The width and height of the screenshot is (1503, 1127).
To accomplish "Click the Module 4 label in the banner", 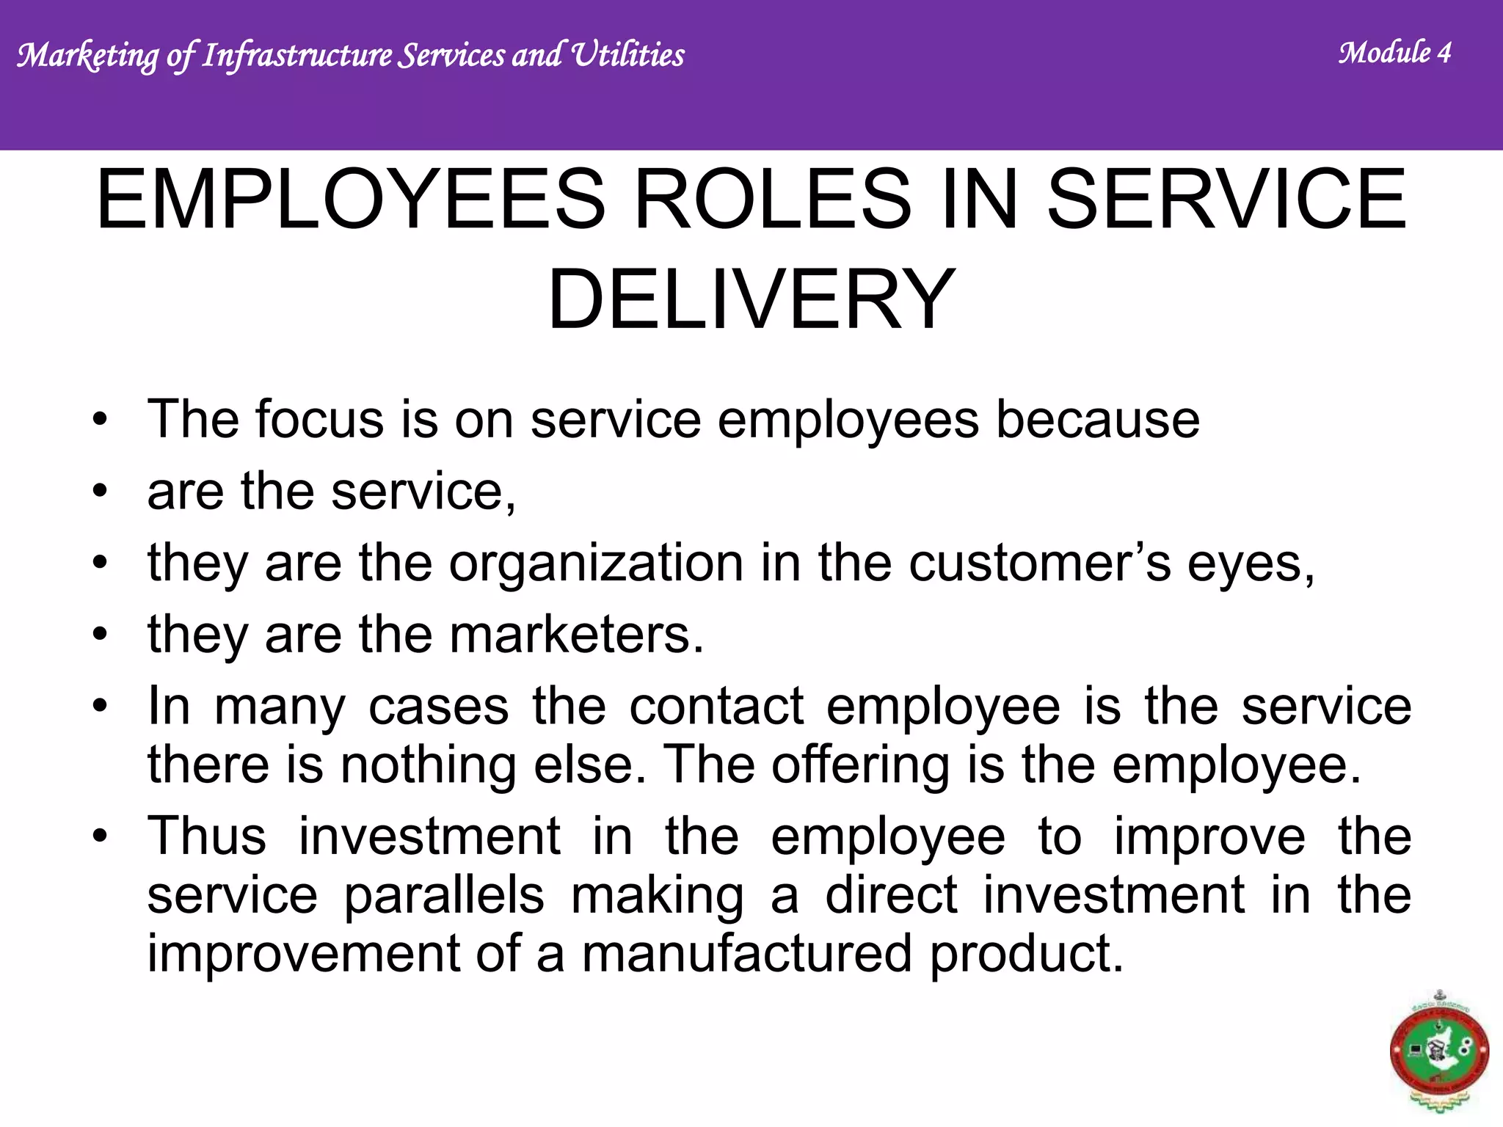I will [1394, 53].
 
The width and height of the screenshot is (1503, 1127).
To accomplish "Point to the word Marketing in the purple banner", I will [87, 56].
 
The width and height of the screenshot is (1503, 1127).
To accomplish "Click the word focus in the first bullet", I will [320, 420].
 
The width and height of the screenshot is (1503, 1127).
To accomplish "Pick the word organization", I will [596, 563].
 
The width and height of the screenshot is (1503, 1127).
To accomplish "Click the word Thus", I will [207, 836].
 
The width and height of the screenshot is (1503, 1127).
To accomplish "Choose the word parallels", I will [444, 895].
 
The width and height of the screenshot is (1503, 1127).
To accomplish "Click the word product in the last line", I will [1025, 954].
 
